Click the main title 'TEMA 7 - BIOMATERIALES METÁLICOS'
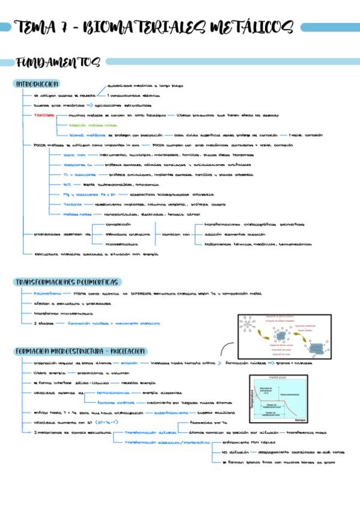coord(155,27)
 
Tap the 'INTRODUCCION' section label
coord(37,84)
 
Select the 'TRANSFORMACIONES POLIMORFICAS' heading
coord(67,282)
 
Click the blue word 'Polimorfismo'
coord(47,293)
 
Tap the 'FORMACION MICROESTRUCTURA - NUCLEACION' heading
coord(81,351)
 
